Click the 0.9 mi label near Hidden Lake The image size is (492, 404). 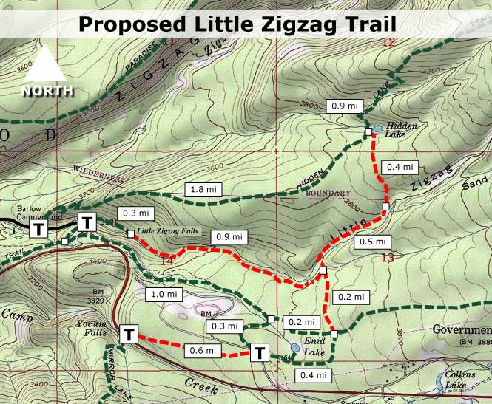[x=345, y=106]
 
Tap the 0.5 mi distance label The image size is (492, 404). [x=371, y=241]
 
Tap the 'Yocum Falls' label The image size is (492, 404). [x=92, y=327]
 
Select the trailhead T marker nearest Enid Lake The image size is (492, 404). [x=260, y=352]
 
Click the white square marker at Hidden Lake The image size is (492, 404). [x=368, y=131]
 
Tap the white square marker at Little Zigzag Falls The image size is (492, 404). [x=131, y=234]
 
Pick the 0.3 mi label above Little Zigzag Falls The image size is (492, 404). [x=135, y=213]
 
